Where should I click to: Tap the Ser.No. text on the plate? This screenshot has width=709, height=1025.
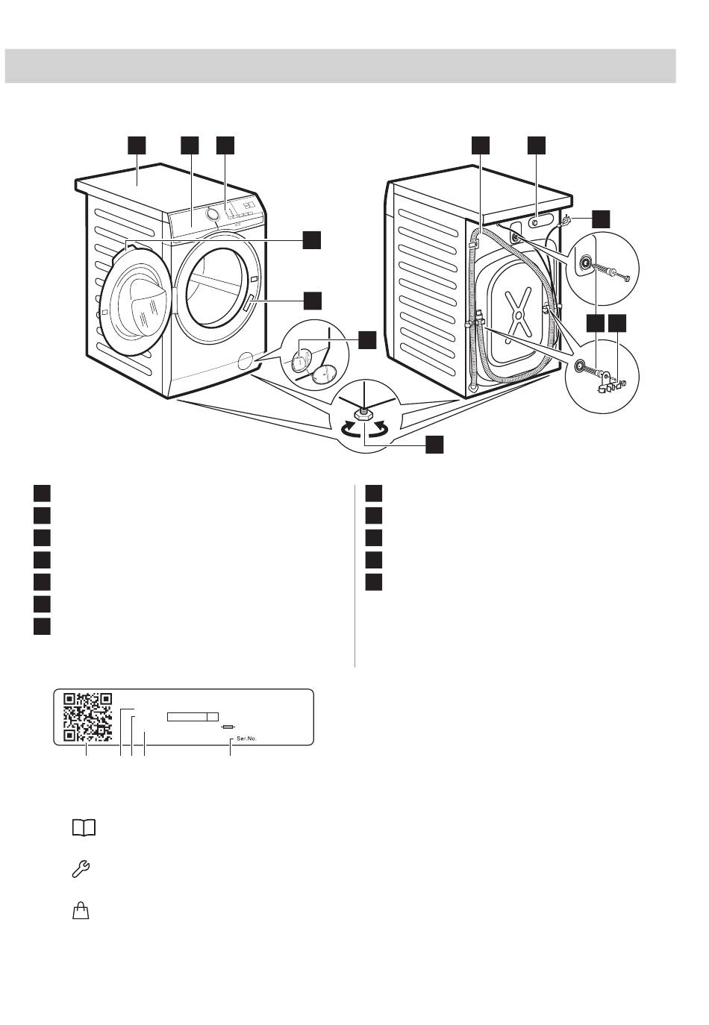(x=246, y=738)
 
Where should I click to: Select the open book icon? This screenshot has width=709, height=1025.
(x=84, y=828)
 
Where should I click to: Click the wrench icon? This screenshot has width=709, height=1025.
(x=81, y=868)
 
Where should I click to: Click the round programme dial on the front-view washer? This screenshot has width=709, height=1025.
(x=213, y=213)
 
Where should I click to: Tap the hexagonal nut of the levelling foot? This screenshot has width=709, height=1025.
(x=363, y=415)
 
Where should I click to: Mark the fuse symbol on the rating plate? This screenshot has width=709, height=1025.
(x=228, y=727)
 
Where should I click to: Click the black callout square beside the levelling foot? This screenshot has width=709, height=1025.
(x=434, y=445)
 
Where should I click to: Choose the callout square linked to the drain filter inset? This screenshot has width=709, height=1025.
(x=366, y=340)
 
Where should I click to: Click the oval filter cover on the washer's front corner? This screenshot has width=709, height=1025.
(x=246, y=360)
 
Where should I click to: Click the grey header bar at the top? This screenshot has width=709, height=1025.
(x=340, y=66)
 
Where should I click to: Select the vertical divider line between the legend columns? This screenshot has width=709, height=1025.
(x=354, y=575)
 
